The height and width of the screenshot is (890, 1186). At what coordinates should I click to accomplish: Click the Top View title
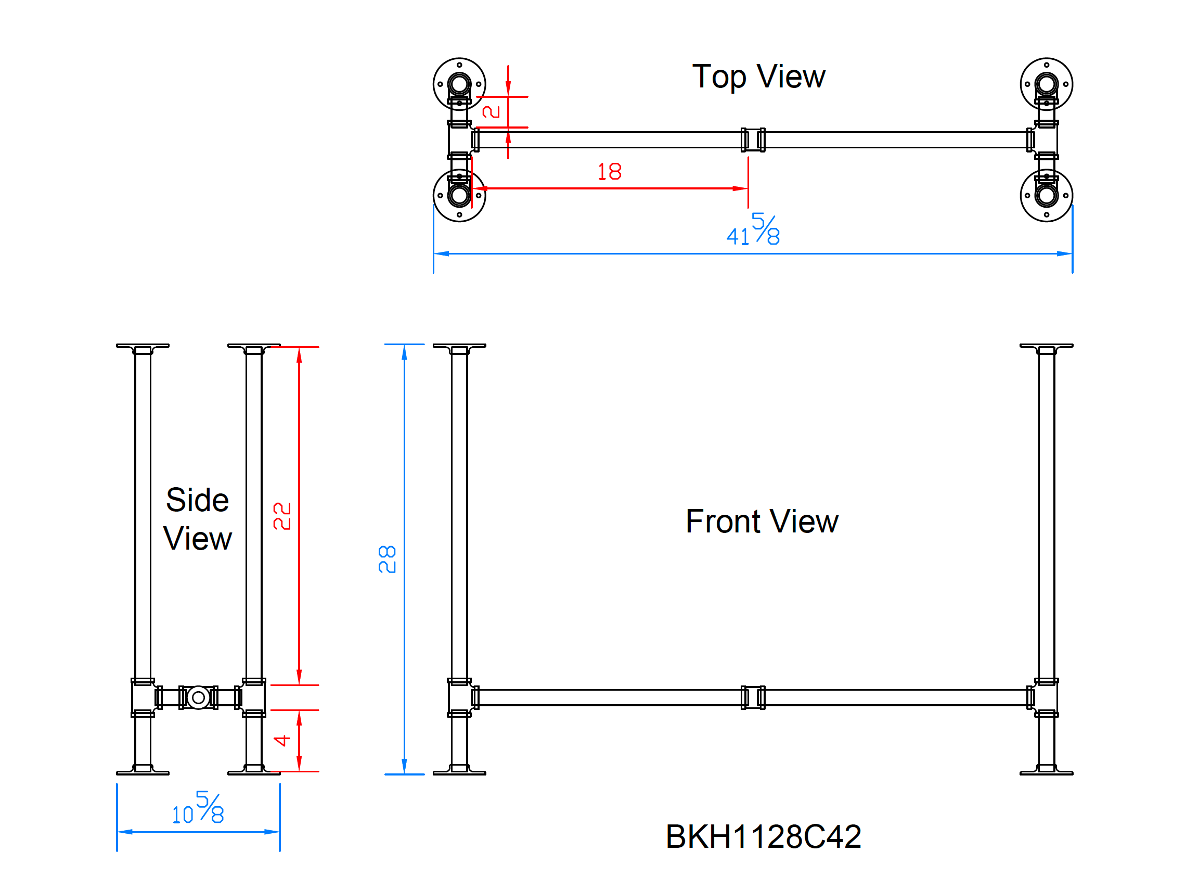tap(758, 77)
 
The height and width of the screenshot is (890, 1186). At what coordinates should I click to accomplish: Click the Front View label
tap(762, 522)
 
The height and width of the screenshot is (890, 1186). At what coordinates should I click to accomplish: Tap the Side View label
tap(197, 519)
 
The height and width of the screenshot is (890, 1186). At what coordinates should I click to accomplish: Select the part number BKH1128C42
tap(763, 836)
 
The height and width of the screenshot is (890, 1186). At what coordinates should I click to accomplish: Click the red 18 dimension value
tap(609, 172)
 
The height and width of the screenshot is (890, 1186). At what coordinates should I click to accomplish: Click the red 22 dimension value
tap(282, 516)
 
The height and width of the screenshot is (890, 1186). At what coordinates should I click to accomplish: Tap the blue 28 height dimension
tap(386, 560)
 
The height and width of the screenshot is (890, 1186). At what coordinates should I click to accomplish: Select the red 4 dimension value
tap(282, 741)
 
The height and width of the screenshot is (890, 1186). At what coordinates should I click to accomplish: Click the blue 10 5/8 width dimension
tap(198, 808)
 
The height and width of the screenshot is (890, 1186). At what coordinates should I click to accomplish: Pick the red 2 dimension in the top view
tap(491, 111)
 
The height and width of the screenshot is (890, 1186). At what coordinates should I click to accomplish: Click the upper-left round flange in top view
tap(459, 84)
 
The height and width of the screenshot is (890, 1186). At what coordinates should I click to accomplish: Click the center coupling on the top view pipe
tap(753, 140)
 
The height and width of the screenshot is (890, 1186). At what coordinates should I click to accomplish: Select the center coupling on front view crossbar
tap(753, 697)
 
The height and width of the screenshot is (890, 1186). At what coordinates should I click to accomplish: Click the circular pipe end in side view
tap(198, 697)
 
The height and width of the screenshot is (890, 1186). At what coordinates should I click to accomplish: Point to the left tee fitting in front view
tap(459, 697)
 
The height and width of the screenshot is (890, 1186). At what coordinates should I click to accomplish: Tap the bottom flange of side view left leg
tap(143, 772)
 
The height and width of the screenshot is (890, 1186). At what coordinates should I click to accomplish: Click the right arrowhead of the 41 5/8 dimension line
tap(1065, 254)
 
